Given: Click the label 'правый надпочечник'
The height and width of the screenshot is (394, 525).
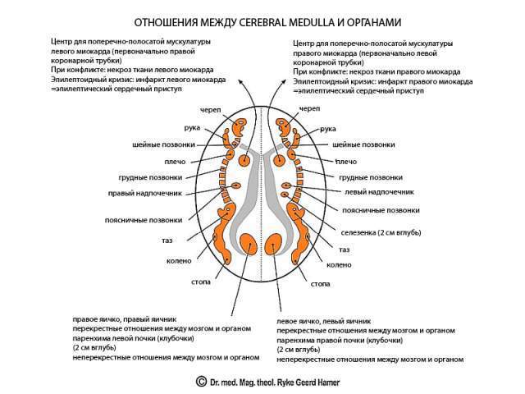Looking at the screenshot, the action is pyautogui.click(x=144, y=194).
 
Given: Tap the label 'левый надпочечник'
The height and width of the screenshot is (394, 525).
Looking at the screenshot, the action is pyautogui.click(x=379, y=192).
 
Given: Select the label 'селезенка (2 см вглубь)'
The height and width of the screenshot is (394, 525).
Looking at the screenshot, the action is pyautogui.click(x=381, y=232).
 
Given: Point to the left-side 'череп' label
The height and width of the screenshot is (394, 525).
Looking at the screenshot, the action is pyautogui.click(x=211, y=110).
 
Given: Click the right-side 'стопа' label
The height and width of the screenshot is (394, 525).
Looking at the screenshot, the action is pyautogui.click(x=321, y=284).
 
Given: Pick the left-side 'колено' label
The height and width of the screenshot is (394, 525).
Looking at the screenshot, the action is pyautogui.click(x=179, y=261).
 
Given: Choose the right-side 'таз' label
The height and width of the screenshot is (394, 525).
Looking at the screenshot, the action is pyautogui.click(x=345, y=250).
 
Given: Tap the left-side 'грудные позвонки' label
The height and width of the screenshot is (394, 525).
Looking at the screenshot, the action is pyautogui.click(x=150, y=177).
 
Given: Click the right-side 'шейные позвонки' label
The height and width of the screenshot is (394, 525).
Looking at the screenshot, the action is pyautogui.click(x=363, y=144).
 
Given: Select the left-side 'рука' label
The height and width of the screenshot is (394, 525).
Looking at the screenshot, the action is pyautogui.click(x=192, y=128).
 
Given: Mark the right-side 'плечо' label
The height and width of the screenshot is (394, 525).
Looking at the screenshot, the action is pyautogui.click(x=346, y=162).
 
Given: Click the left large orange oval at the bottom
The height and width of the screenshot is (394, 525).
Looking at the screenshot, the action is pyautogui.click(x=249, y=245).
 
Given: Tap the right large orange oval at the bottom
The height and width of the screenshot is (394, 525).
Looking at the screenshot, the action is pyautogui.click(x=273, y=245).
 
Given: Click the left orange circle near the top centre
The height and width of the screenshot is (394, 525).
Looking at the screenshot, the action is pyautogui.click(x=244, y=161).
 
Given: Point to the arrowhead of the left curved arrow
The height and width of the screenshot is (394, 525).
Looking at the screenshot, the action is pyautogui.click(x=240, y=82).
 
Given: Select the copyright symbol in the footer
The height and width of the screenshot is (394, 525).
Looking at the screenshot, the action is pyautogui.click(x=201, y=382).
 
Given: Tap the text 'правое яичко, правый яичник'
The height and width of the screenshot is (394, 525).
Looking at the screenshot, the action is pyautogui.click(x=125, y=319).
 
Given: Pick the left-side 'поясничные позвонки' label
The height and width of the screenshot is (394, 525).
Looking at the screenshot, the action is pyautogui.click(x=144, y=221).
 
